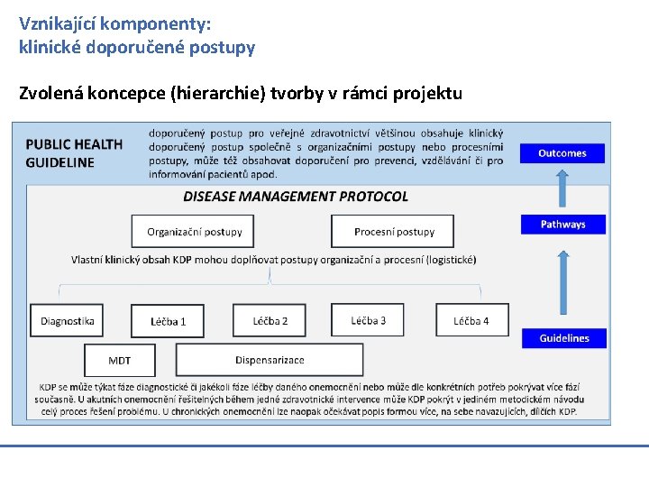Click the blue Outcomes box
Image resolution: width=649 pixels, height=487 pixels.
tap(562, 153)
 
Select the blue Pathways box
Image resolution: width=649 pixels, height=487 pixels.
tap(562, 224)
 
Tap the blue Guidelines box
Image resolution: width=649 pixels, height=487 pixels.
tap(563, 338)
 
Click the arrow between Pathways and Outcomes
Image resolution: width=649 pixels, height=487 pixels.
tap(562, 188)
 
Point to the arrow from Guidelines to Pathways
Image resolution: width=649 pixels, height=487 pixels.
tap(562, 281)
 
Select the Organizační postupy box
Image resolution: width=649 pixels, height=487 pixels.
tap(194, 232)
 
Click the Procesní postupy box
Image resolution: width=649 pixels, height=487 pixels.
tap(393, 232)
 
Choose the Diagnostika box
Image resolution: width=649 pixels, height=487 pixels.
tap(67, 321)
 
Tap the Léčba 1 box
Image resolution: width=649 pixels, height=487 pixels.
tap(168, 321)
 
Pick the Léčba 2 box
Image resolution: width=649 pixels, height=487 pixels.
tap(270, 320)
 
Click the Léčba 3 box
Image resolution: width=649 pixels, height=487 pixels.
tap(368, 320)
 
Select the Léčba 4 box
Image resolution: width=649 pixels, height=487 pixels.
tap(471, 320)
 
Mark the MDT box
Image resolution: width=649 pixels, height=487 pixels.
tap(119, 360)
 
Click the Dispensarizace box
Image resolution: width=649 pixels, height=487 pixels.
tap(270, 360)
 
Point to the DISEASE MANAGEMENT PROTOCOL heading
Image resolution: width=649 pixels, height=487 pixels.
tap(296, 197)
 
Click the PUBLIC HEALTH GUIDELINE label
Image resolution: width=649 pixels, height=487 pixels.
tap(74, 153)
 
